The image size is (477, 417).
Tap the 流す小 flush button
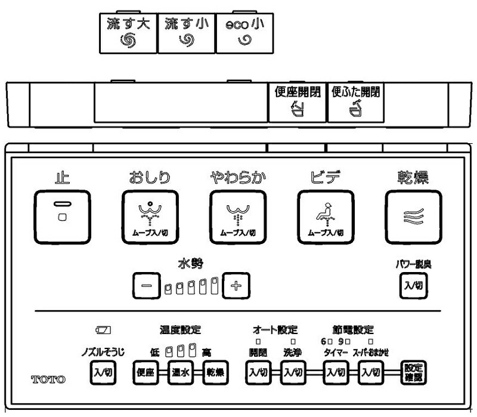[x=185, y=33]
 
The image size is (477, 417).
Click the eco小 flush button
[x=244, y=33]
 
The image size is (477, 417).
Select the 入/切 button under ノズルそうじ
[x=103, y=373]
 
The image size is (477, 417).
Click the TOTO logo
[x=48, y=379]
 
